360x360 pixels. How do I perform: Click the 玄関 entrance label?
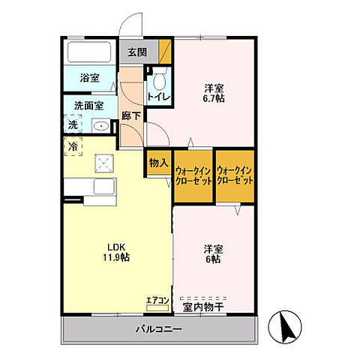tap(137, 52)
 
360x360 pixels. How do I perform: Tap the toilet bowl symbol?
tap(159, 79)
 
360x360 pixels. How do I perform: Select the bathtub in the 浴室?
tap(89, 52)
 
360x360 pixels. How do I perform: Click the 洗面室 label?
tap(88, 106)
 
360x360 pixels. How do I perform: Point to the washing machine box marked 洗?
tap(73, 124)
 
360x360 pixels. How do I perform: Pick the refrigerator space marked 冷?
tap(73, 146)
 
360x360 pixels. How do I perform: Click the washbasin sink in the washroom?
tap(101, 126)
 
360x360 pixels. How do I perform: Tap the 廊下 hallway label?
tap(130, 116)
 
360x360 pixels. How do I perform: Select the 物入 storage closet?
tap(159, 163)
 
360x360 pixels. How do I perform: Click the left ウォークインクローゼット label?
tap(193, 175)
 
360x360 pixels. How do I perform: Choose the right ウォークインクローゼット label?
tap(235, 175)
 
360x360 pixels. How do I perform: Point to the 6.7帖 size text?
tap(214, 98)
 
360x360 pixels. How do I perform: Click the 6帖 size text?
tap(213, 259)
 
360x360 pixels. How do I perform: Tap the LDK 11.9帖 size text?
tap(116, 252)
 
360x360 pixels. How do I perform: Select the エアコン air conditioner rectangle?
tap(157, 308)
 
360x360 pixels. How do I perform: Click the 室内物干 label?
tap(203, 307)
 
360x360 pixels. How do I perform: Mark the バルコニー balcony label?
tap(159, 329)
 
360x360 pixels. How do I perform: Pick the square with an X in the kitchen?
tap(104, 163)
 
